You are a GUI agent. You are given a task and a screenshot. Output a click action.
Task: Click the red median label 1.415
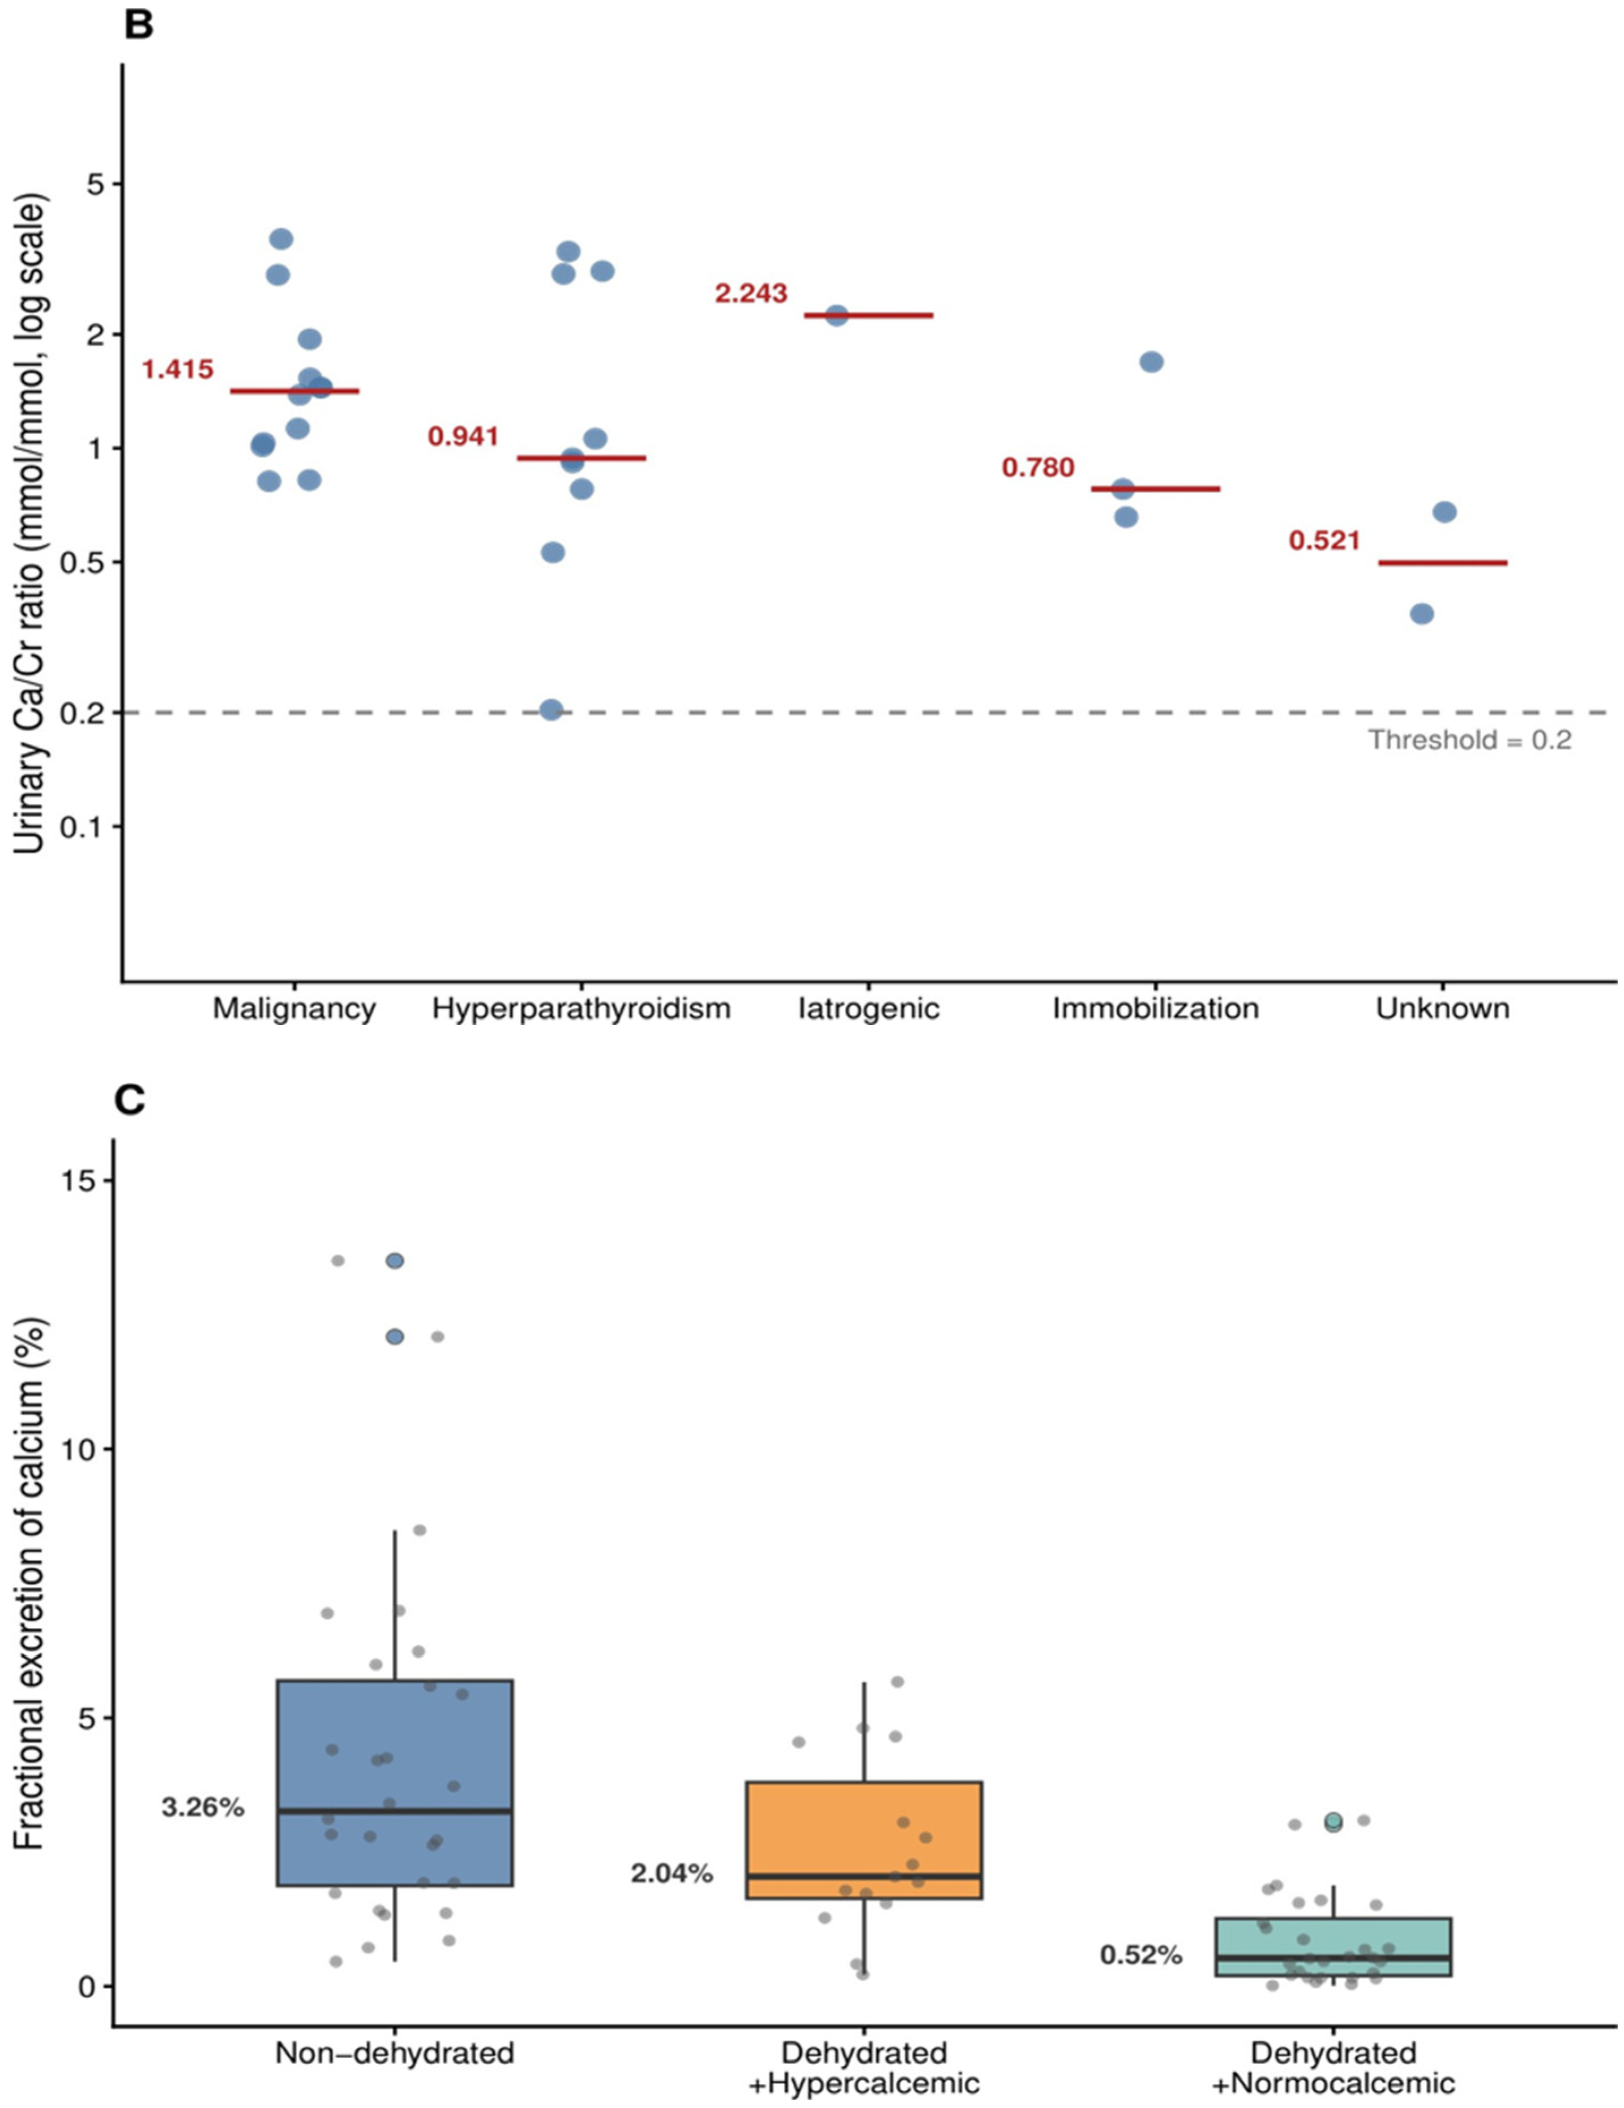tap(178, 370)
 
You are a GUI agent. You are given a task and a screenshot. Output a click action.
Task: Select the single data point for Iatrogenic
tap(836, 316)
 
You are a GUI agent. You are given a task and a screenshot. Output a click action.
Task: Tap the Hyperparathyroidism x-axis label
tap(581, 1009)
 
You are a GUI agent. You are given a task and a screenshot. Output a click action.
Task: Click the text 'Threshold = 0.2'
tap(1469, 740)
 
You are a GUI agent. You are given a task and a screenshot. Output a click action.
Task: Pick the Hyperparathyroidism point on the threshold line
tap(552, 710)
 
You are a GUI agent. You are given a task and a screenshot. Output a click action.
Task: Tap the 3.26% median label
tap(203, 1808)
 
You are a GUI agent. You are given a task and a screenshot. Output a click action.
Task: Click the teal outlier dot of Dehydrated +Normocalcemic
tap(1334, 1822)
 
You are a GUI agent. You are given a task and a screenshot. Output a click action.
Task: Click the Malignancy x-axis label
tap(294, 1009)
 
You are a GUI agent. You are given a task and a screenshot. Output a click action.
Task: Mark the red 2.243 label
tap(751, 293)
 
